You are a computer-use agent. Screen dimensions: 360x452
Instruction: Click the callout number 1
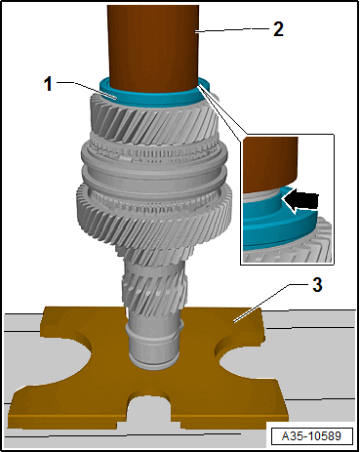[50, 83]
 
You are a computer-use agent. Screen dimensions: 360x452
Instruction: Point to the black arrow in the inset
[303, 199]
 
